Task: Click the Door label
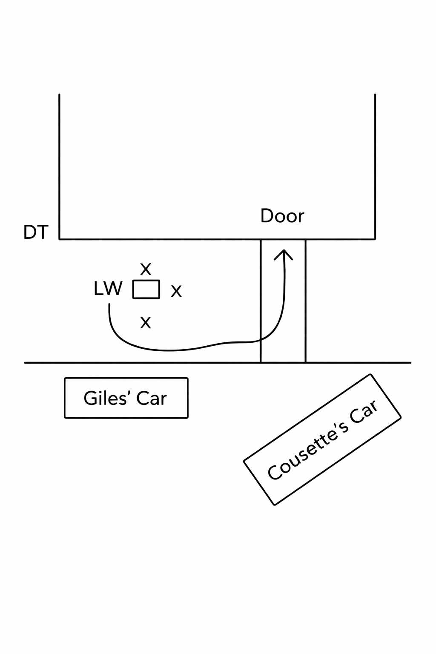click(x=282, y=216)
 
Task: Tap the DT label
click(x=36, y=232)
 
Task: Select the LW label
click(x=108, y=289)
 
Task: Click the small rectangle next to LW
click(x=146, y=290)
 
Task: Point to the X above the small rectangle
click(x=146, y=269)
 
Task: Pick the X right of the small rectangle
click(x=176, y=291)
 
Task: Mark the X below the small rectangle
click(x=146, y=322)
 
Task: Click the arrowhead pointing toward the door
click(x=283, y=254)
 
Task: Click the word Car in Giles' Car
click(x=152, y=399)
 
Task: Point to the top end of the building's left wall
click(x=59, y=95)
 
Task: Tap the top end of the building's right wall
click(x=375, y=95)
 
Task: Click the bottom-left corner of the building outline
click(x=60, y=239)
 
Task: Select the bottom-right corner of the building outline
click(x=375, y=239)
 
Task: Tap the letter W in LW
click(x=114, y=289)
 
